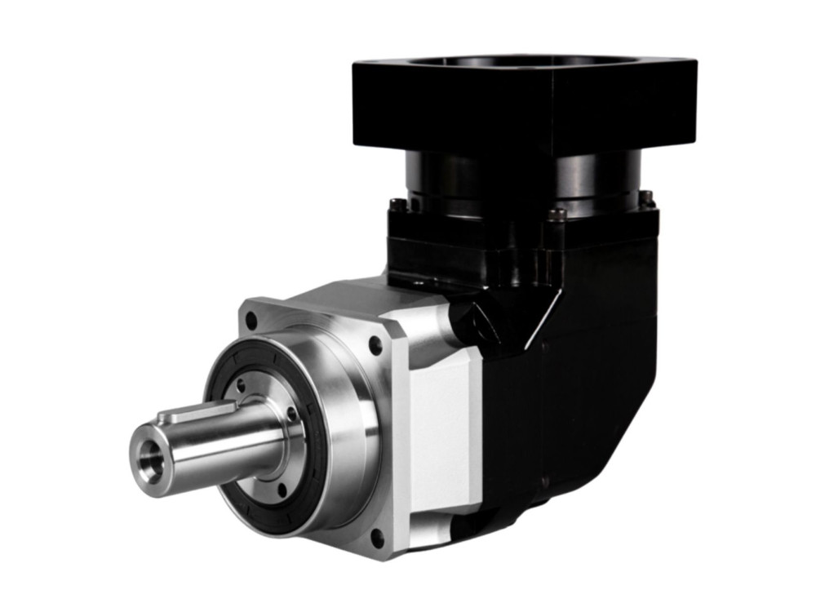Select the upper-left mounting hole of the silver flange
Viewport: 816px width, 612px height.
click(x=251, y=321)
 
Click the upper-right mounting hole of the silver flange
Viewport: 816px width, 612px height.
click(x=375, y=346)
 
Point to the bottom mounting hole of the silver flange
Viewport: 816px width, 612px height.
click(x=378, y=539)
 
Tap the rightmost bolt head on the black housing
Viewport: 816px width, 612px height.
click(x=646, y=197)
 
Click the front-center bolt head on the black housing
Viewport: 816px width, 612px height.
click(x=557, y=215)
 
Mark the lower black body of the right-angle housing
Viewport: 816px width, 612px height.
click(x=571, y=408)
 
